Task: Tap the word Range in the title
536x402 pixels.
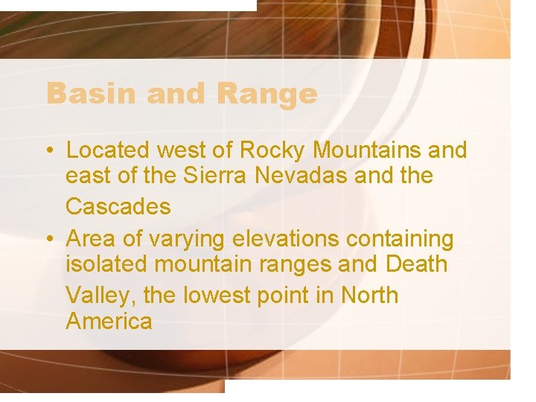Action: coord(267,94)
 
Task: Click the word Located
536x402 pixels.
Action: coord(107,150)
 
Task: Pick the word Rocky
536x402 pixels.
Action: coord(273,150)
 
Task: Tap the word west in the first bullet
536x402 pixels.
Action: coord(179,150)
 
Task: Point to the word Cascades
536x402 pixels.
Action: coord(118,206)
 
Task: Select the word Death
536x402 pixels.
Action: coord(417,264)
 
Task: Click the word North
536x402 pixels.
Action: coord(369,296)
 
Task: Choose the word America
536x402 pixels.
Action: coord(109,322)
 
